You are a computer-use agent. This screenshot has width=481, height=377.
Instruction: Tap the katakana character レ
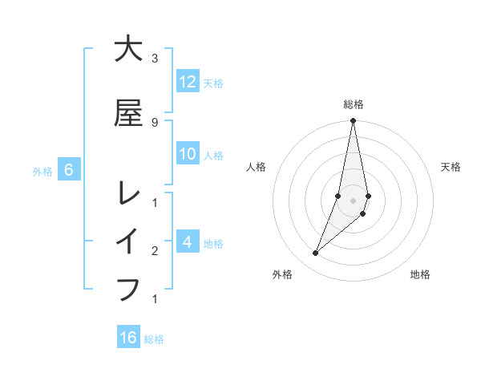tap(128, 193)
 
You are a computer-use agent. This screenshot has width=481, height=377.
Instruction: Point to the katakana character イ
tap(128, 241)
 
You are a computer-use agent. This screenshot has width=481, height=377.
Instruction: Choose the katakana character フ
tap(128, 288)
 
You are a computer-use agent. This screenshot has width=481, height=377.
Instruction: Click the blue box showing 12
tap(188, 82)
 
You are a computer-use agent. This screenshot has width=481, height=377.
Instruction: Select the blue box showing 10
tap(188, 154)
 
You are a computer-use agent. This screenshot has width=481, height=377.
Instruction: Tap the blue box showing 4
tap(188, 242)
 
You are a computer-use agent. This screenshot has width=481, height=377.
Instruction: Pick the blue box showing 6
tap(69, 170)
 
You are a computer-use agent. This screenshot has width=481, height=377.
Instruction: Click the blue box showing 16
tap(128, 338)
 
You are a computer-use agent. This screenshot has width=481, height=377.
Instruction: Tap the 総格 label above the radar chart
tap(354, 104)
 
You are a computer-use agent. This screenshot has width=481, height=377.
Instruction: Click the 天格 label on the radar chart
tap(451, 167)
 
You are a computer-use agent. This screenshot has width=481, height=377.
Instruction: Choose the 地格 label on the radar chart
tap(420, 274)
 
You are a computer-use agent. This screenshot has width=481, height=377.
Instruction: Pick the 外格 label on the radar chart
tap(281, 274)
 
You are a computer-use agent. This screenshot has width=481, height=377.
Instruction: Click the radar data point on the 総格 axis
tap(354, 121)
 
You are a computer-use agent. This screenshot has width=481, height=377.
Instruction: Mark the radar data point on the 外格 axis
tap(315, 253)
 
